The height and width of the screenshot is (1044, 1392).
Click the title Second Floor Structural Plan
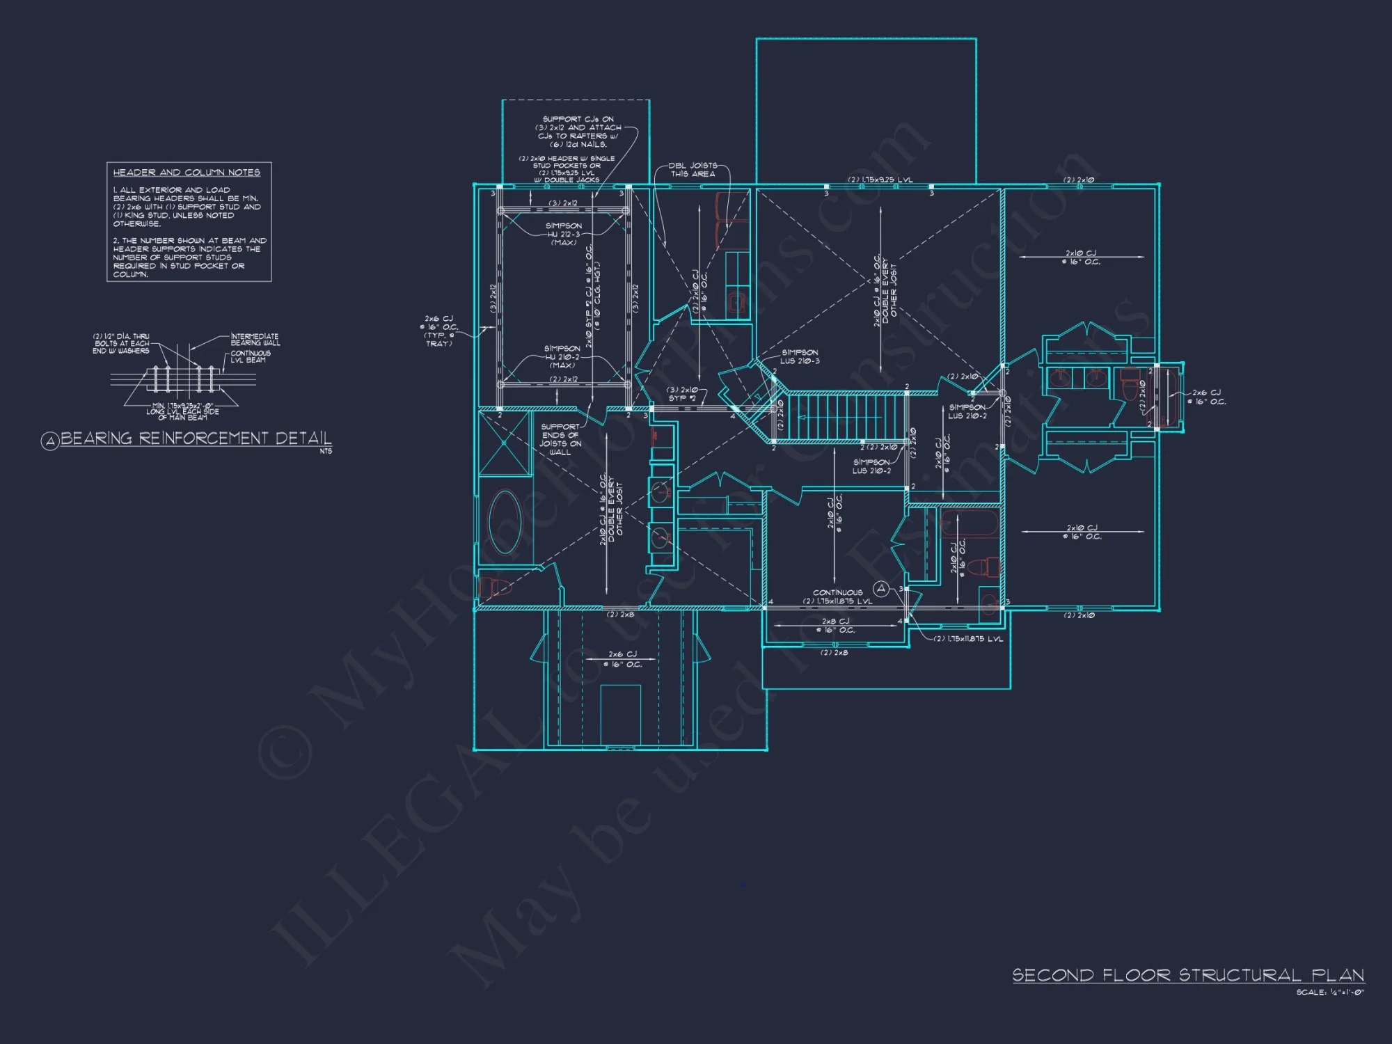(x=1187, y=975)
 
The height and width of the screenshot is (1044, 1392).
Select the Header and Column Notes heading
(x=187, y=173)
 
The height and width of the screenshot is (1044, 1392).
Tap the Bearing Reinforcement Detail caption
(x=196, y=438)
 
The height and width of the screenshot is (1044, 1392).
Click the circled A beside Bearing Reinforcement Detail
(x=49, y=441)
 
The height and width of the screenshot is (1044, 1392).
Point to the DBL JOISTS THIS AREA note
(x=693, y=170)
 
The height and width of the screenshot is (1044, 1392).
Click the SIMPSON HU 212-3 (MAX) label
(x=563, y=234)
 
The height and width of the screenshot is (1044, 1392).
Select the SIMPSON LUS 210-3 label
(x=800, y=357)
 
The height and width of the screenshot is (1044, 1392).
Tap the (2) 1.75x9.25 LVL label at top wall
(x=880, y=180)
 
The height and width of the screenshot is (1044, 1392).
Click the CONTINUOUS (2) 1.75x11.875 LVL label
(x=837, y=597)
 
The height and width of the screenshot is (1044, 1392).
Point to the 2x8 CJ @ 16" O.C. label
(x=835, y=626)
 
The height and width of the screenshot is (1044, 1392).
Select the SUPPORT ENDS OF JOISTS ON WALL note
(x=560, y=439)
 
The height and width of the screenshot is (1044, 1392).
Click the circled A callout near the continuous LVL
(x=881, y=589)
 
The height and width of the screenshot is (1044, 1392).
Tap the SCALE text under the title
(x=1329, y=992)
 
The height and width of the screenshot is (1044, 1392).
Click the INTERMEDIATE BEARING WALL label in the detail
(x=255, y=340)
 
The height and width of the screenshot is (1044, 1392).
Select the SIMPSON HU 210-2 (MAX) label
(x=562, y=356)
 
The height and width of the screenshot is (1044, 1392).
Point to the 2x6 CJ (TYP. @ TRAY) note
(x=438, y=331)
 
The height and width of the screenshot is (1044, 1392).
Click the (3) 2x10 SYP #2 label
(x=682, y=394)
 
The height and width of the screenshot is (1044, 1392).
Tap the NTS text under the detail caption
(x=326, y=451)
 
